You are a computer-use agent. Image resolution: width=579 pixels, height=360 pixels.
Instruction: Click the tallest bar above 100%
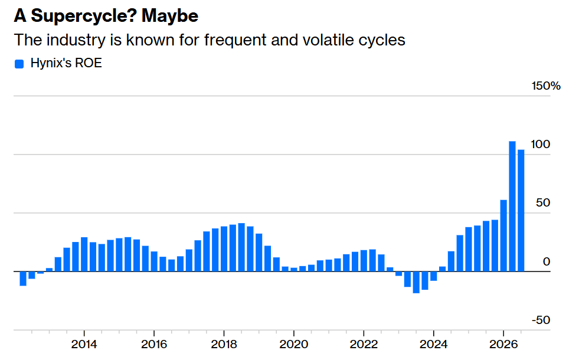[x=512, y=206]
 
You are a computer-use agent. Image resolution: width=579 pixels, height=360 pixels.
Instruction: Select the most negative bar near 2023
[x=416, y=282]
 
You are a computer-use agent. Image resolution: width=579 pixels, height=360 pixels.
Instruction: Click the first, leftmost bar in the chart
[x=23, y=279]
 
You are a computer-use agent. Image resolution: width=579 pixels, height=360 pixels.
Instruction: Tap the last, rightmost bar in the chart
[x=521, y=211]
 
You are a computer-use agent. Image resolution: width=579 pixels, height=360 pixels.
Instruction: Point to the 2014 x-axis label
[x=84, y=344]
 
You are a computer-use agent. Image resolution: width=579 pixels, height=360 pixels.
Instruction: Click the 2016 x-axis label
[x=154, y=344]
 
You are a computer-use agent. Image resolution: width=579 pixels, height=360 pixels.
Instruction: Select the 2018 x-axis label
[x=224, y=344]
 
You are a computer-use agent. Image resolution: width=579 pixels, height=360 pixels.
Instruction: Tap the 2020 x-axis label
[x=294, y=344]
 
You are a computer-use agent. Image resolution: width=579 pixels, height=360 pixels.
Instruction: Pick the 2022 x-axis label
[x=364, y=344]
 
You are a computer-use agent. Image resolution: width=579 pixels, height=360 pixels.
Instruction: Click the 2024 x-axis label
[x=433, y=344]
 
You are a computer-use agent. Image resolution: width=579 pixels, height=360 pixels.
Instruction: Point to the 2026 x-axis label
[x=503, y=344]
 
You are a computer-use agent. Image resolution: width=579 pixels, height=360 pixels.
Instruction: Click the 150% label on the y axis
[x=546, y=86]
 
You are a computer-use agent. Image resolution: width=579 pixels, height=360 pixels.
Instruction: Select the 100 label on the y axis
[x=540, y=145]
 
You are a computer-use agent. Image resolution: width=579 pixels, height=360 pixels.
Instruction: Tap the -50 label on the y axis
[x=541, y=320]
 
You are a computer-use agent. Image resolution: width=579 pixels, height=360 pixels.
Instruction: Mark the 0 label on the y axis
[x=547, y=261]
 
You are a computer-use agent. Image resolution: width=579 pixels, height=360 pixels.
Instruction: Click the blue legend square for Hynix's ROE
[x=19, y=64]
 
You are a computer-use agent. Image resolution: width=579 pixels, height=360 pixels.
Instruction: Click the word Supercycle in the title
[x=83, y=17]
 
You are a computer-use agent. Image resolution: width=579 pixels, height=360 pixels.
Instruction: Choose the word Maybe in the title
[x=170, y=17]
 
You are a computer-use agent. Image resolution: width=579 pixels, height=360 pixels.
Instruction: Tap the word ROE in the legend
[x=89, y=63]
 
